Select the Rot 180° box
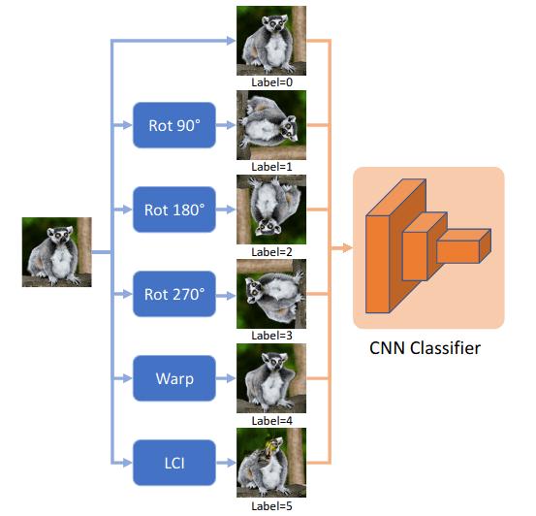(x=174, y=209)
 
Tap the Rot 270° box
(x=174, y=294)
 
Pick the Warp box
(x=174, y=378)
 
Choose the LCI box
(x=174, y=463)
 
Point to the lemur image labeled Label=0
(x=271, y=40)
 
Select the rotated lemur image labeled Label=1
(x=271, y=124)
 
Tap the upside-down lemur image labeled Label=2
(x=271, y=209)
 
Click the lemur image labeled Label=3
(x=271, y=294)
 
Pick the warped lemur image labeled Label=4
(x=271, y=378)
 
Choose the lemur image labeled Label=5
(x=271, y=463)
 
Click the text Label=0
(x=271, y=82)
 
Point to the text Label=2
(x=271, y=251)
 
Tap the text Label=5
(x=271, y=505)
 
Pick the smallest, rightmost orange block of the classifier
(x=463, y=248)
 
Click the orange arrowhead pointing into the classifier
(x=344, y=249)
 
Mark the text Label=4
(x=271, y=421)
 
